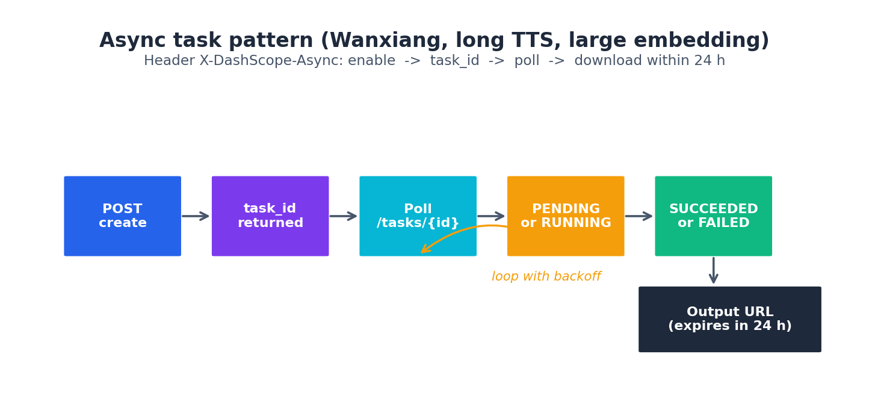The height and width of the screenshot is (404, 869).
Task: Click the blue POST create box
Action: coord(122,216)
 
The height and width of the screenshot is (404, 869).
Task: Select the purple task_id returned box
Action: coord(270,216)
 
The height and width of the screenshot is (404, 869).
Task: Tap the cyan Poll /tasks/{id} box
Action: coord(418,216)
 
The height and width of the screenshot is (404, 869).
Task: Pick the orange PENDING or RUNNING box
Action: coord(566,216)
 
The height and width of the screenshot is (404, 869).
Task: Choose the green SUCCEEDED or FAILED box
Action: coord(713,216)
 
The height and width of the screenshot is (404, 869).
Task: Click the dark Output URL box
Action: coord(729,319)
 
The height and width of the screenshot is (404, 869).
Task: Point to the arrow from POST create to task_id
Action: coord(196,216)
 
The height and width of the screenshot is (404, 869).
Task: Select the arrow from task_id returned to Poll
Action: coord(344,216)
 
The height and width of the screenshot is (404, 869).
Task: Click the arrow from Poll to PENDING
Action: coord(492,216)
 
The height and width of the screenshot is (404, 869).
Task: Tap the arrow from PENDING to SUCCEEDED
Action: coord(639,216)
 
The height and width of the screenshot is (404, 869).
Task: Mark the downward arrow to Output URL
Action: coord(713,270)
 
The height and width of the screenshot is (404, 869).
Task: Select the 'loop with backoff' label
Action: coord(546,277)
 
